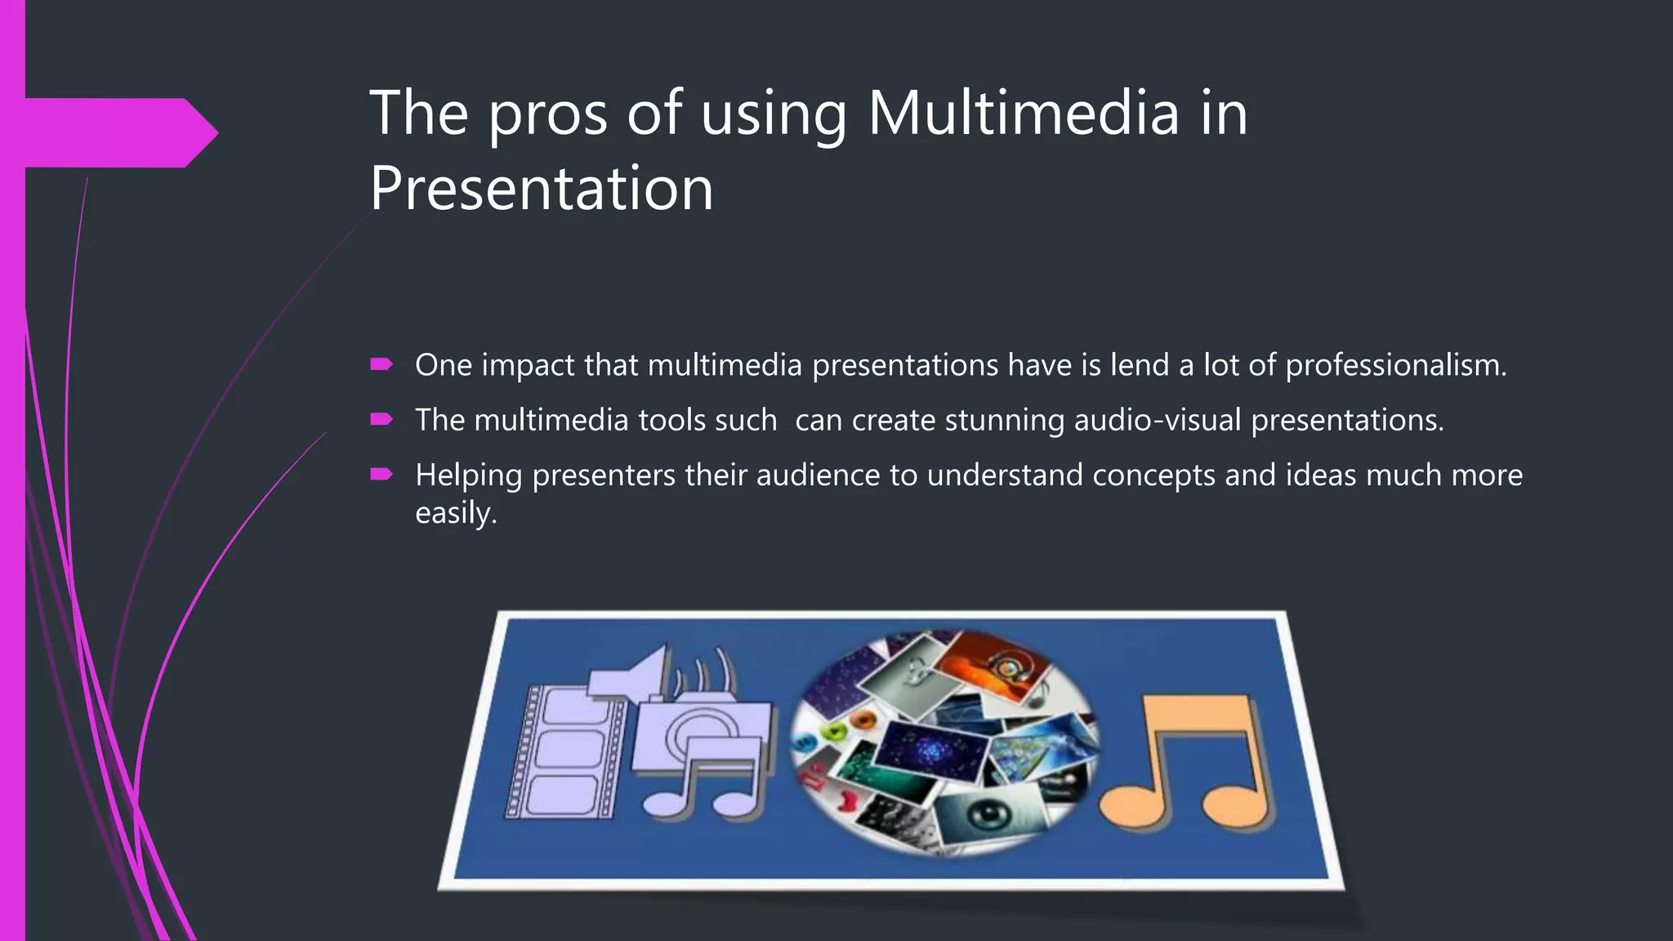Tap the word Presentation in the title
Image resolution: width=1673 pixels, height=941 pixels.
click(x=542, y=189)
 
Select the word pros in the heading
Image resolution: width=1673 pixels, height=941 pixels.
click(x=547, y=114)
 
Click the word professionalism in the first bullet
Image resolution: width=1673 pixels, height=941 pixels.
click(x=1395, y=365)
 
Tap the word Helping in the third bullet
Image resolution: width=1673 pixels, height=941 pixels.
click(x=468, y=476)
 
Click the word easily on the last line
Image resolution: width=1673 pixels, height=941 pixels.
click(x=455, y=514)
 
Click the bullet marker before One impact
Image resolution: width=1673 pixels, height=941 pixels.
click(x=381, y=364)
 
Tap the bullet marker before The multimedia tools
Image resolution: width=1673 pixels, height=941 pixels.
click(x=381, y=419)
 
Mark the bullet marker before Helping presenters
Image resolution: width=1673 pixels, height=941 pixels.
click(x=381, y=474)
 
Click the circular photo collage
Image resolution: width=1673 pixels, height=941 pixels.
click(x=944, y=742)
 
